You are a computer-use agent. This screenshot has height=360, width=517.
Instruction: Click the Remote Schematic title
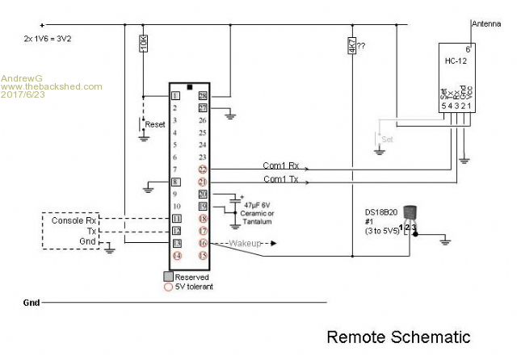click(x=397, y=336)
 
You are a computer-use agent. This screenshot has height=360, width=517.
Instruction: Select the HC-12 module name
click(x=456, y=61)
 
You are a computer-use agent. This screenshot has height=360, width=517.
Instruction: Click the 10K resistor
click(x=143, y=43)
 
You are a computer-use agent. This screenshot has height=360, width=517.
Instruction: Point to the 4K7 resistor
click(x=351, y=48)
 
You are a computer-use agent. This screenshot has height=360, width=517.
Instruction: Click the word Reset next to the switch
click(x=154, y=125)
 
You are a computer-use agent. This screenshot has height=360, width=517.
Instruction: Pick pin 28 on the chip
click(x=204, y=96)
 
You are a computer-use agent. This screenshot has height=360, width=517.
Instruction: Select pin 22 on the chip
click(x=204, y=170)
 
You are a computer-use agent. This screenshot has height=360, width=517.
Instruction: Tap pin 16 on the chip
click(x=204, y=242)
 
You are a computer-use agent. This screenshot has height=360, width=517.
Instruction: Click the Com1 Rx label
click(x=281, y=165)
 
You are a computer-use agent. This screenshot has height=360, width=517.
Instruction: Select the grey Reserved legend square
click(x=169, y=276)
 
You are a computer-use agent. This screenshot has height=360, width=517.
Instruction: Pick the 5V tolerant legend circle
click(x=169, y=286)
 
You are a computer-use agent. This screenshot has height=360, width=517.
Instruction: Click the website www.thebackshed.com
click(x=52, y=86)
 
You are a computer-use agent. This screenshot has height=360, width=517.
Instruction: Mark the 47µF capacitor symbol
click(x=236, y=199)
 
